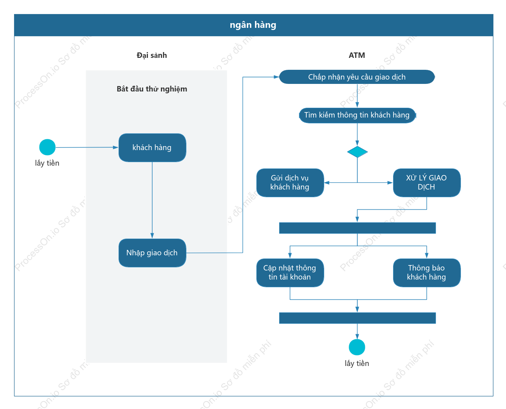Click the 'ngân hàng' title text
[x=253, y=25]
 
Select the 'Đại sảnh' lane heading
[x=152, y=55]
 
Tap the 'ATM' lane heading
[x=357, y=55]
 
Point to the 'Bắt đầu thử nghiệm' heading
[x=152, y=89]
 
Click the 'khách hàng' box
[x=152, y=148]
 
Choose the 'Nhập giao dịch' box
[x=152, y=253]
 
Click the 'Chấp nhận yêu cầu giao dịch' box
[x=357, y=77]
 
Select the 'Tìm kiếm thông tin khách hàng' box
[x=357, y=115]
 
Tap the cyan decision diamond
[x=357, y=152]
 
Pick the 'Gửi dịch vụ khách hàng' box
[x=290, y=183]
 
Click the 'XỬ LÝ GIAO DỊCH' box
[x=427, y=183]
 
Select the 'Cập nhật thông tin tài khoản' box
[x=290, y=273]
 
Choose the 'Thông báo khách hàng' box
[x=427, y=273]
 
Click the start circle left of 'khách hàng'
[x=47, y=147]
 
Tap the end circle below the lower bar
[x=357, y=347]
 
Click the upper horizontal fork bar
[x=357, y=228]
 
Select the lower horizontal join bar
[x=357, y=318]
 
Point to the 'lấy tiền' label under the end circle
[x=357, y=363]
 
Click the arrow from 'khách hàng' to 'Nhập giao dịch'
[x=152, y=200]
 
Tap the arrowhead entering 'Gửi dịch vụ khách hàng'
[x=327, y=183]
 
